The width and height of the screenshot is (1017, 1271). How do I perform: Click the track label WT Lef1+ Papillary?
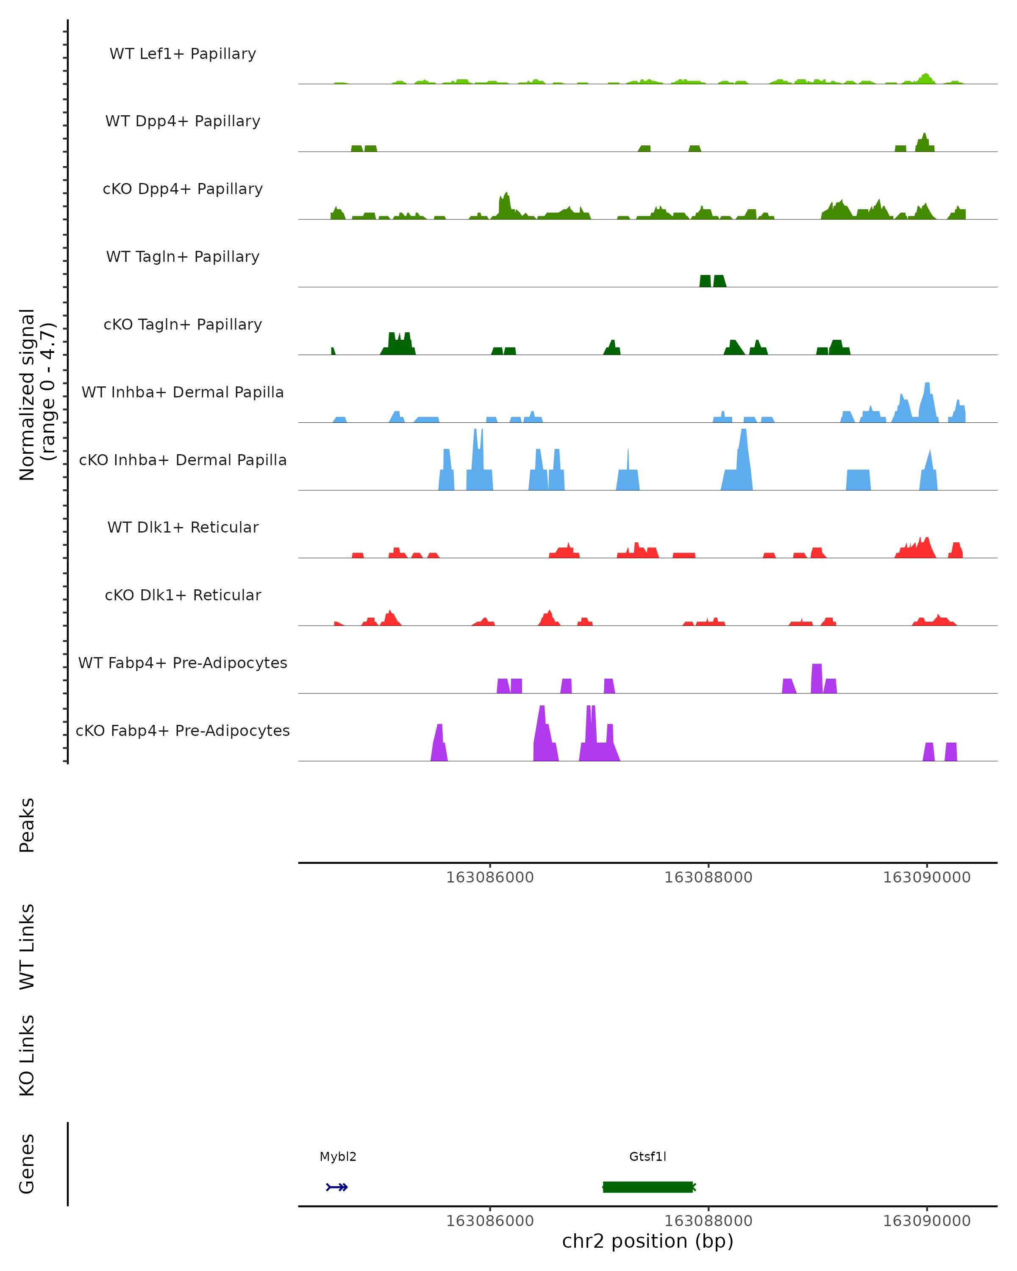click(183, 54)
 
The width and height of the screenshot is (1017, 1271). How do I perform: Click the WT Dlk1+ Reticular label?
click(183, 527)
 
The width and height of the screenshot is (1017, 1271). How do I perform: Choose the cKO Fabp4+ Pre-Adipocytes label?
click(183, 730)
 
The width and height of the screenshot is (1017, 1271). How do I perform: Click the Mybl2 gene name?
click(338, 1157)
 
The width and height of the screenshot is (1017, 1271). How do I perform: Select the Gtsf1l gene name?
click(647, 1157)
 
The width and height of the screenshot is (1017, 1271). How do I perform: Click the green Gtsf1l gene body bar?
click(647, 1187)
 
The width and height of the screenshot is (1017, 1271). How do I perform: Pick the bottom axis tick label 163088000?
click(708, 1221)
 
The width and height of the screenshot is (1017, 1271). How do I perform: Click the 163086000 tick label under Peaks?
click(489, 877)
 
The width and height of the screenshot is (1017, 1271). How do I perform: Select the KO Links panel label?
click(27, 1055)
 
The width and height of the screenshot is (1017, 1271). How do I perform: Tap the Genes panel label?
click(27, 1164)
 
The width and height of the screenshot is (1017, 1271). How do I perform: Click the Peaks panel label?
click(27, 825)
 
